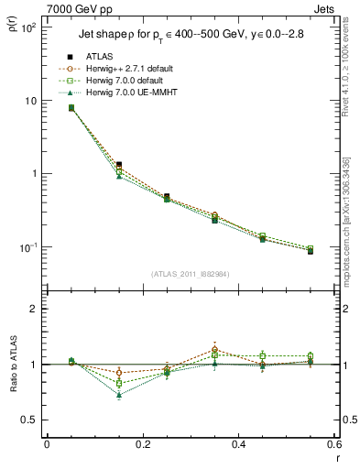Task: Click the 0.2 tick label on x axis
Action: (x=142, y=444)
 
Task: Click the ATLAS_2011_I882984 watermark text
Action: (x=191, y=272)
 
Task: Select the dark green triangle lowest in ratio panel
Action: (x=119, y=395)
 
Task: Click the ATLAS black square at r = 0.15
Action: (x=119, y=165)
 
